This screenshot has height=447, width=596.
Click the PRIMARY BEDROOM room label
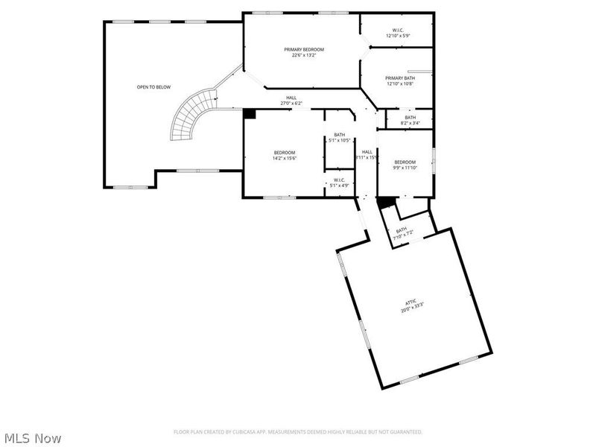303,49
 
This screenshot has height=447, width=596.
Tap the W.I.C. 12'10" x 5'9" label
398,33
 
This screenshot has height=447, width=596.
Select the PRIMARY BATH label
399,80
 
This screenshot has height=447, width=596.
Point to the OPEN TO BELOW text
153,87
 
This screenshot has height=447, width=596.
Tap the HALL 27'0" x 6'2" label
291,101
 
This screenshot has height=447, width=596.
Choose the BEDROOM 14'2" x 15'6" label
285,155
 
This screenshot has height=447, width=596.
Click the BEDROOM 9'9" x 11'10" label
405,165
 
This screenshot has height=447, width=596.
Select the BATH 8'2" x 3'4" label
410,120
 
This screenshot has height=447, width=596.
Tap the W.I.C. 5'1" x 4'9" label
339,183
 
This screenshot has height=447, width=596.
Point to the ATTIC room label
410,302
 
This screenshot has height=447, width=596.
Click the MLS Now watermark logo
33,438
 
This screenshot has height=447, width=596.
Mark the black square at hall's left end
250,114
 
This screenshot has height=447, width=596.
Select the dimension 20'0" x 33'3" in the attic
410,305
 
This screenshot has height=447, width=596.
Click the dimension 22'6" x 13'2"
303,54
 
